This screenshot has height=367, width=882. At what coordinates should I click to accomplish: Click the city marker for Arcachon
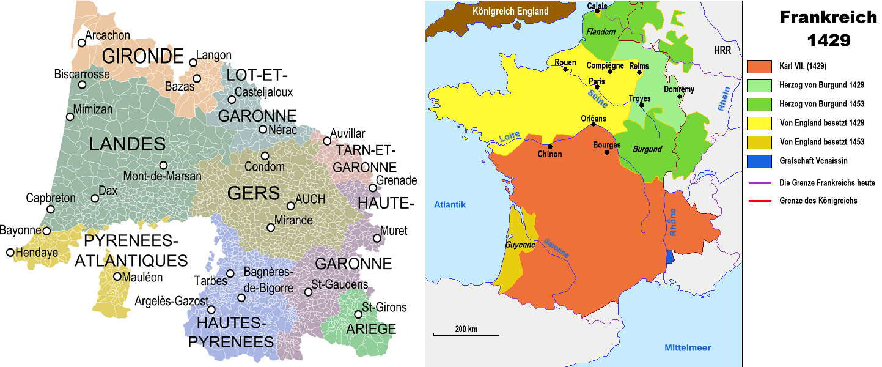[x=82, y=43]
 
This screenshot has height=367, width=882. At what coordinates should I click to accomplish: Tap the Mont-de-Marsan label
[x=162, y=176]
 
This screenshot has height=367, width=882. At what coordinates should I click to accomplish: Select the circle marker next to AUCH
[x=291, y=206]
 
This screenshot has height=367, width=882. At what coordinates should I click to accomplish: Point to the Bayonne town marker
[x=46, y=231]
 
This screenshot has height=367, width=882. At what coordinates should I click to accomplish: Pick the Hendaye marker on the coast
[x=10, y=252]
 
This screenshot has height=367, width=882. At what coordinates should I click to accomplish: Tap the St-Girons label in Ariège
[x=384, y=307]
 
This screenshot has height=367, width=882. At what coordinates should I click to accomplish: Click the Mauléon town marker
[x=117, y=276]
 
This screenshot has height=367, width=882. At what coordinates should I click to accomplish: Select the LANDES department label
[x=127, y=144]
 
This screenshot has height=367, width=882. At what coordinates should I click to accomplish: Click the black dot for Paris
[x=597, y=87]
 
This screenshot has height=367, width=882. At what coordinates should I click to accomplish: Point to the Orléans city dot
[x=594, y=125]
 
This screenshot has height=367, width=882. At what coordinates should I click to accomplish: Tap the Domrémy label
[x=678, y=89]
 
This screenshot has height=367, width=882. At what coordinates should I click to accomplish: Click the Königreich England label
[x=510, y=11]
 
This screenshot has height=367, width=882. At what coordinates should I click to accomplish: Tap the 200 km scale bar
[x=466, y=334]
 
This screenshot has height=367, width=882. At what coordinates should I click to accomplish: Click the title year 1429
[x=828, y=40]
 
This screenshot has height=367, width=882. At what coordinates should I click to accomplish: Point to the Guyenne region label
[x=520, y=245]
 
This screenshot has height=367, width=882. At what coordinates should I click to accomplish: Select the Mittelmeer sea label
[x=688, y=347]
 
